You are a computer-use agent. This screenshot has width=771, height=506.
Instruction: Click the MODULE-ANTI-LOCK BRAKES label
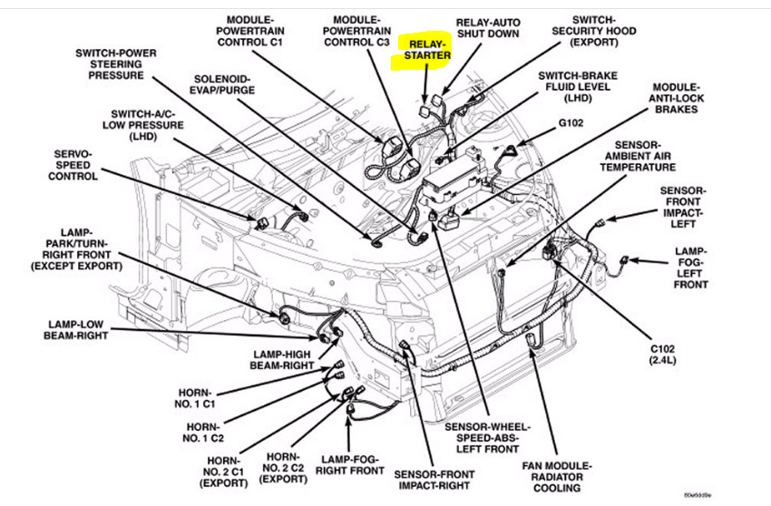pos(675,98)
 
